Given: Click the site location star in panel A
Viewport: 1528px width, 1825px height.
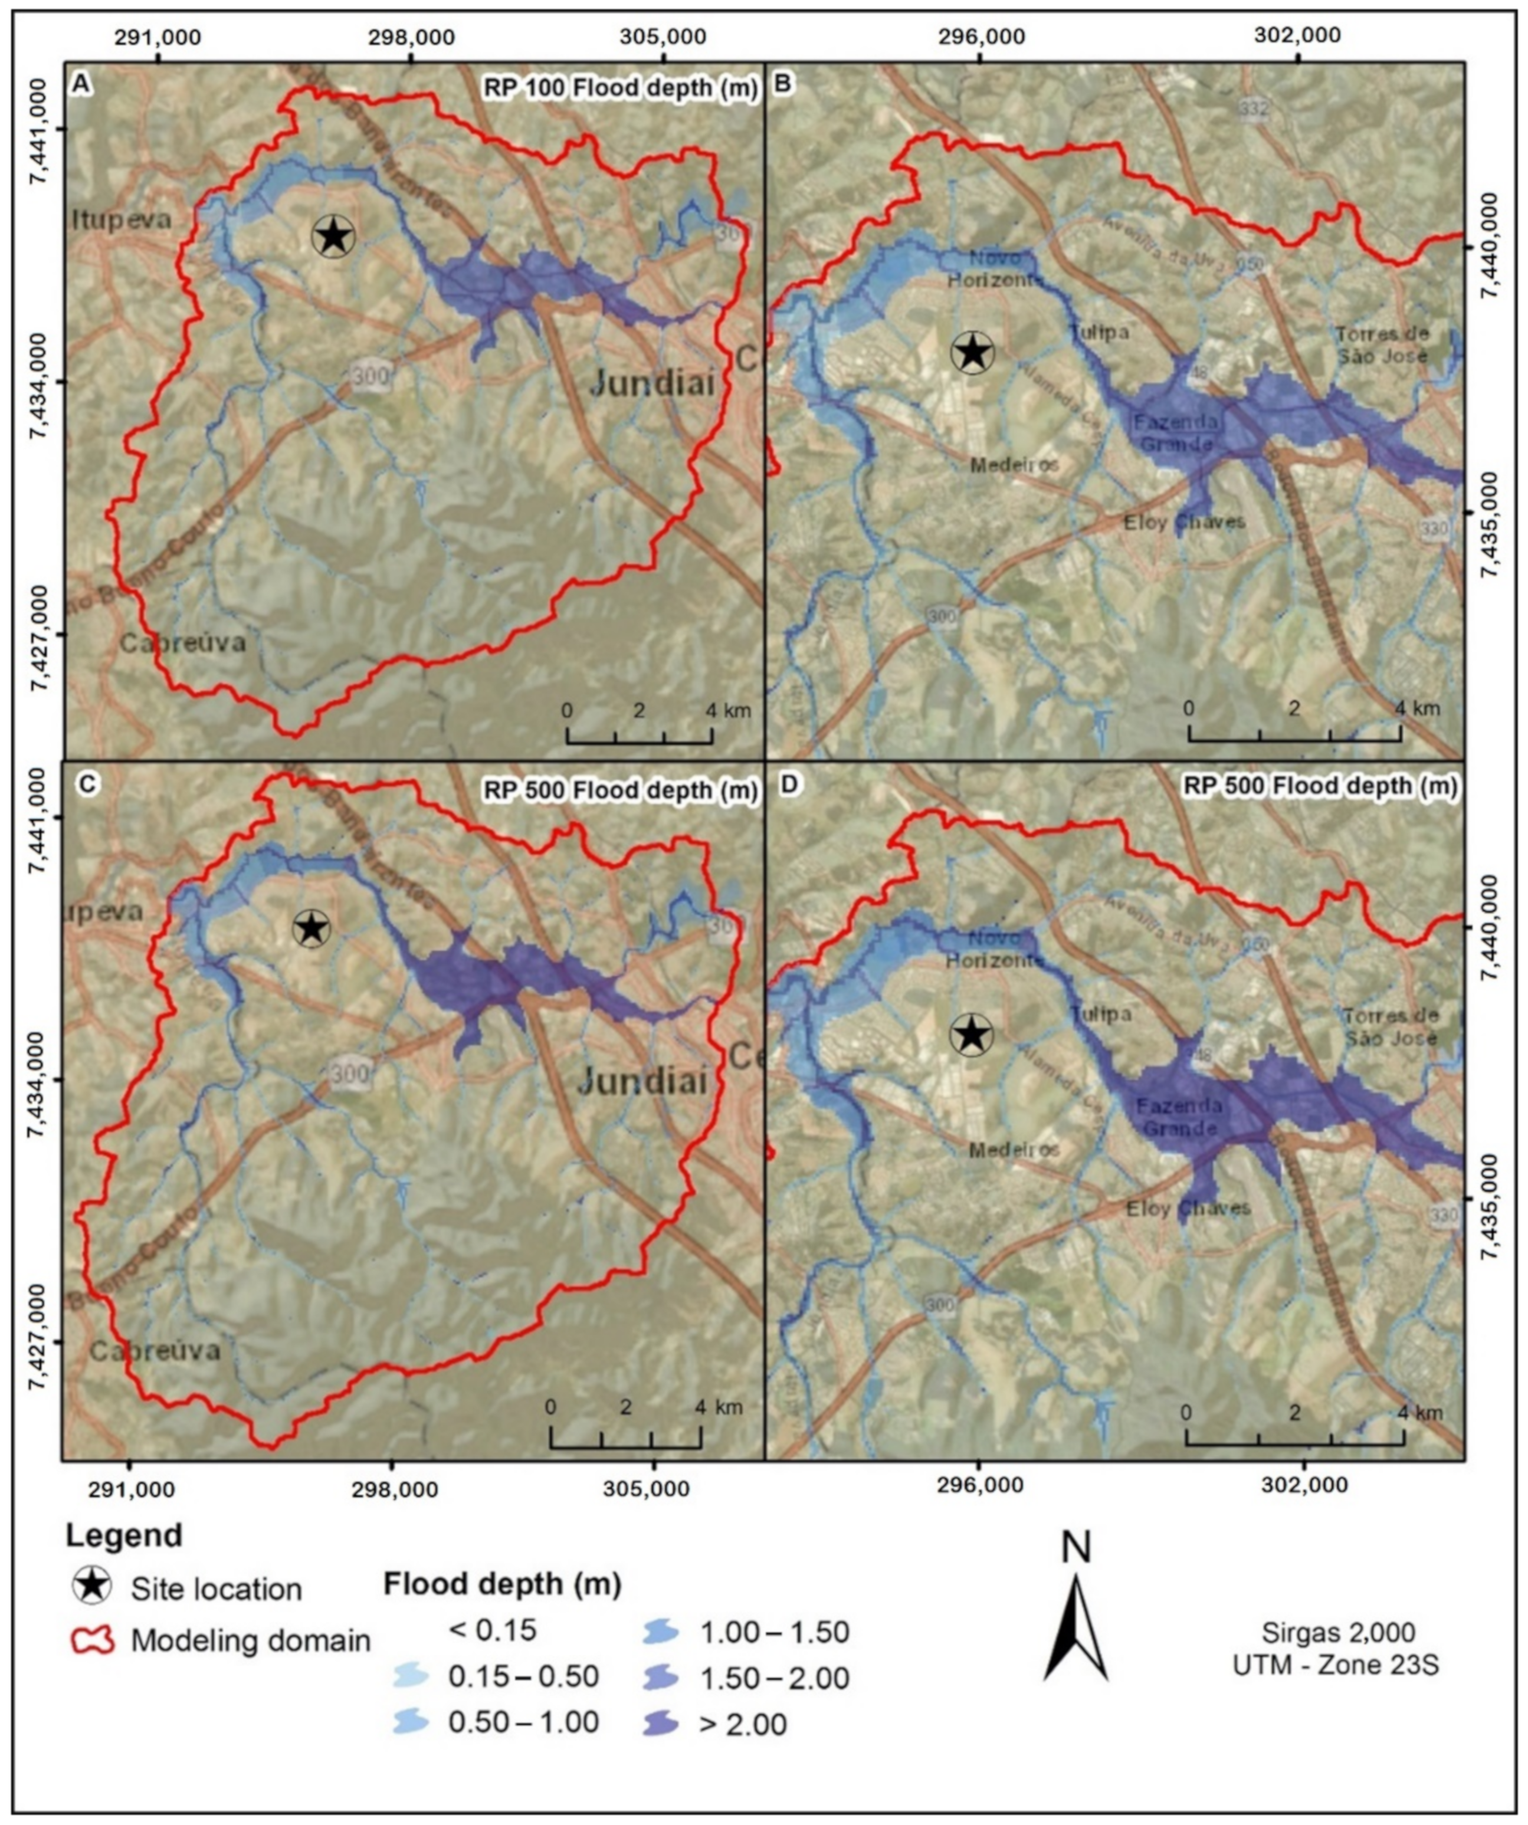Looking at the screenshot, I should tap(334, 235).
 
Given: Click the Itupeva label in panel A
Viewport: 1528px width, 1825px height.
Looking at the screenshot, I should tap(121, 220).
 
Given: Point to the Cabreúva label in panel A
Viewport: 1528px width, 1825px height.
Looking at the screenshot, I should tap(182, 643).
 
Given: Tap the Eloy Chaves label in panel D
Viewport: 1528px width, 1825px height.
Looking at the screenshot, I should tap(1188, 1208).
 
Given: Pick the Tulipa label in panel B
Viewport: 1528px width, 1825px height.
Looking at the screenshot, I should tap(1099, 332).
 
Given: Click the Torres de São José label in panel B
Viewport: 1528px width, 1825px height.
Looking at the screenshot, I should tap(1381, 344).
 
